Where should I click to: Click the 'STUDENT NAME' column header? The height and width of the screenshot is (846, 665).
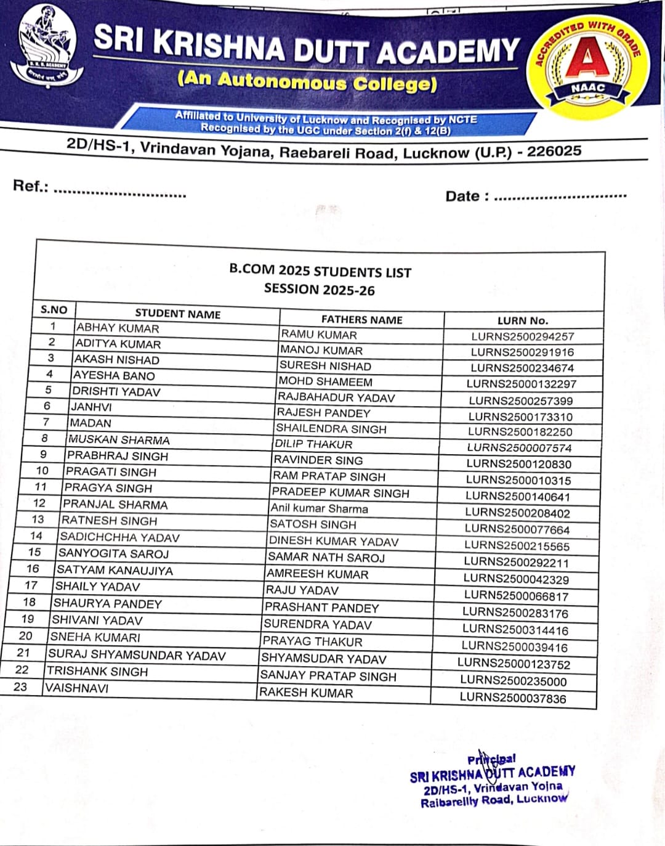(177, 314)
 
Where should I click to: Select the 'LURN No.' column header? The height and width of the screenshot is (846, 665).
(522, 320)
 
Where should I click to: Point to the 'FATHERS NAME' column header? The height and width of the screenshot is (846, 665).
(361, 319)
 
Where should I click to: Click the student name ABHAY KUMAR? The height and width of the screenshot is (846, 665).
(117, 328)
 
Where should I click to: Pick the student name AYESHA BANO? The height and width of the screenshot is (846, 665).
(114, 375)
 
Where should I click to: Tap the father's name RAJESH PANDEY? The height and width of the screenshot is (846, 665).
(323, 413)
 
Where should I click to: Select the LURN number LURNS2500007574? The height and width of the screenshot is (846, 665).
(519, 448)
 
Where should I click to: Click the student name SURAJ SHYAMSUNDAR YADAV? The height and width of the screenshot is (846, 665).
(137, 655)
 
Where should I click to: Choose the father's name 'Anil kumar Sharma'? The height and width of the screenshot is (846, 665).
(319, 508)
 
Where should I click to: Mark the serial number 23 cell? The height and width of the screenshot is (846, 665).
(20, 686)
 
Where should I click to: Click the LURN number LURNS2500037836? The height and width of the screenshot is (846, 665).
(513, 698)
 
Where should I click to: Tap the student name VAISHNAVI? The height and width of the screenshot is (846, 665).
(77, 688)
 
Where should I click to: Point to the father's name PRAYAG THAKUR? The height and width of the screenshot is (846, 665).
(312, 641)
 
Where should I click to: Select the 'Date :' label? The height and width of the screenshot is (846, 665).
(467, 196)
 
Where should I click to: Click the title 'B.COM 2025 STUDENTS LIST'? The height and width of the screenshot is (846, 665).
(320, 272)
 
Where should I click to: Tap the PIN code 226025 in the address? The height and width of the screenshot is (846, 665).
(554, 151)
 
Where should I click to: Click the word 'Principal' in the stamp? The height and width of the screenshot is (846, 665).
(491, 759)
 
